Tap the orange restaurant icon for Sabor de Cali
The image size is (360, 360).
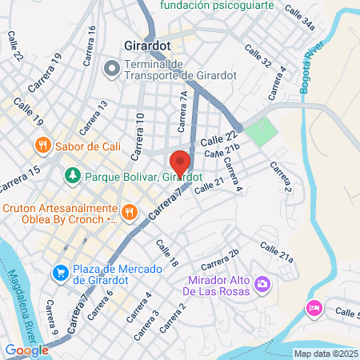pyautogui.click(x=43, y=146)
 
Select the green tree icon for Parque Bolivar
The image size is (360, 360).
pyautogui.click(x=73, y=174)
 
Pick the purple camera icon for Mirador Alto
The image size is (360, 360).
pyautogui.click(x=262, y=284)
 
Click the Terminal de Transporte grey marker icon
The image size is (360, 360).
pyautogui.click(x=112, y=68)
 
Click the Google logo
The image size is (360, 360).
pyautogui.click(x=26, y=350)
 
